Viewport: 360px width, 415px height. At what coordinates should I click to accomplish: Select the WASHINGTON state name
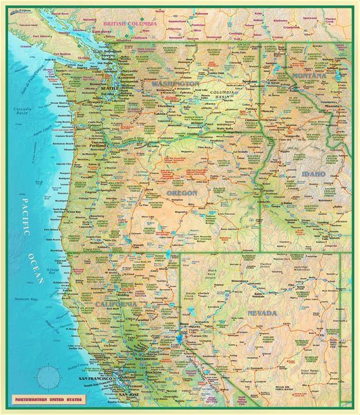point(176,83)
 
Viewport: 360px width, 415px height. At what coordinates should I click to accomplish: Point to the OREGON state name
point(182,193)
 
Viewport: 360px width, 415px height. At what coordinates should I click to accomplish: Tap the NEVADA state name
point(263,313)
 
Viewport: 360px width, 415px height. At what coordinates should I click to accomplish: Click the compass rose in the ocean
point(48,378)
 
